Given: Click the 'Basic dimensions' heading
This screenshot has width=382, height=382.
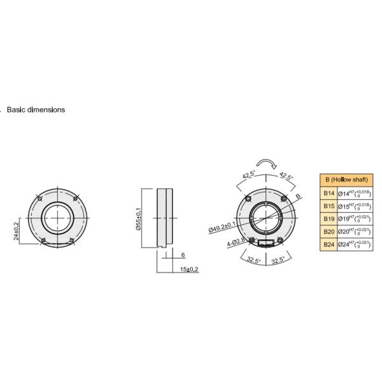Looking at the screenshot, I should pos(36,110).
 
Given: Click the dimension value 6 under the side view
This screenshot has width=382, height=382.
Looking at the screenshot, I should pos(183,255).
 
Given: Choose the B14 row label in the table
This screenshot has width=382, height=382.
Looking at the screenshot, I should pos(329,193).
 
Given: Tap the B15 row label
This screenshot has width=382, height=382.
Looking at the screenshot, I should pos(329,206).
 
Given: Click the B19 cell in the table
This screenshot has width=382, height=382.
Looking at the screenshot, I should pos(329,219).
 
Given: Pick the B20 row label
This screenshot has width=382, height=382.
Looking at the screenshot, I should pos(329,232).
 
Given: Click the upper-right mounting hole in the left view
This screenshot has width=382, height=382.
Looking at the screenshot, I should pos(75,199).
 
